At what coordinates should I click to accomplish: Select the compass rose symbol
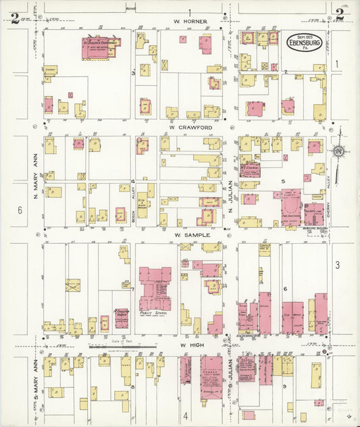click(x=338, y=149)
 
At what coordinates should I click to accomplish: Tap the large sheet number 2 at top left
click(x=15, y=18)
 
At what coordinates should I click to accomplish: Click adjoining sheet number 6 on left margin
click(x=20, y=210)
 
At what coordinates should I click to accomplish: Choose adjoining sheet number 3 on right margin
click(x=337, y=265)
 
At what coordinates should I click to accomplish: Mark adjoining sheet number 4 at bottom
click(x=185, y=415)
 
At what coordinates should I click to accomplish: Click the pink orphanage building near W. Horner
click(x=101, y=47)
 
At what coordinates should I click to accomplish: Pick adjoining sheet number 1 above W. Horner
click(x=190, y=12)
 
